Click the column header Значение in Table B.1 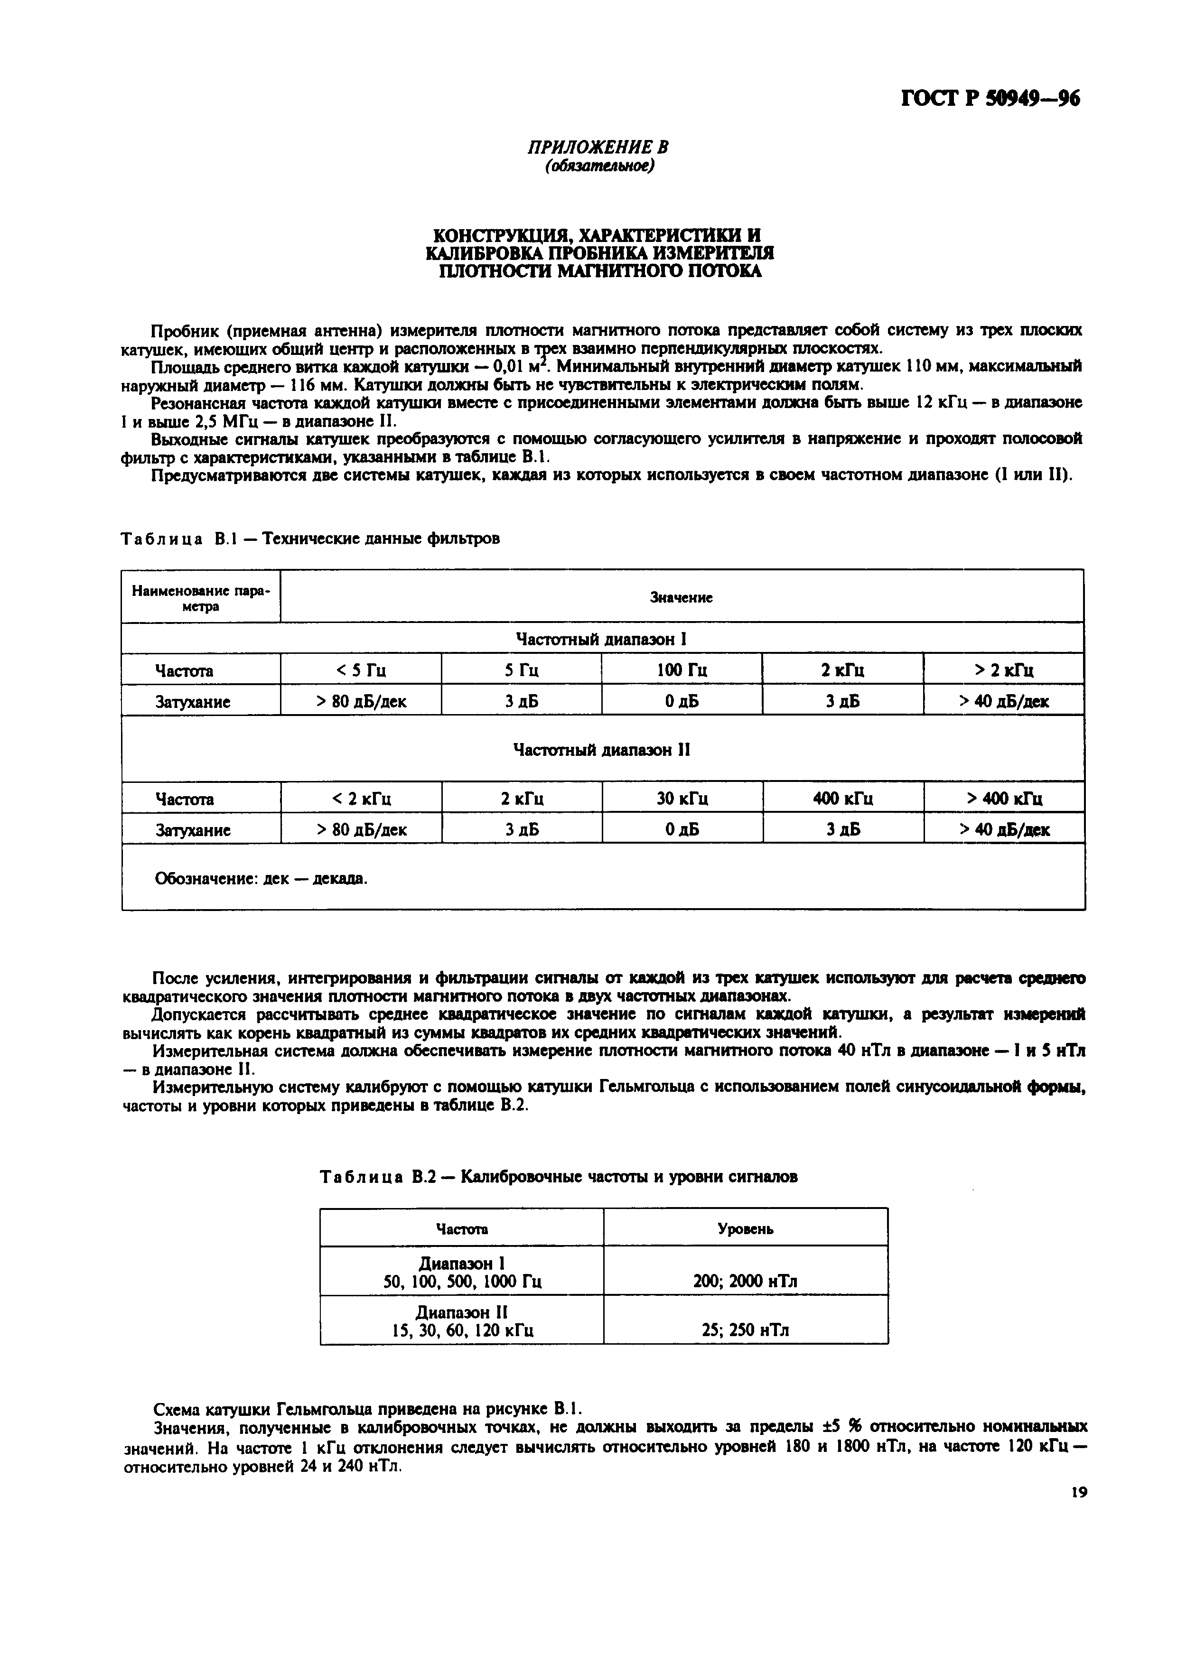coord(681,597)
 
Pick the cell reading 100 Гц coord(681,669)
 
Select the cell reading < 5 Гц coord(360,669)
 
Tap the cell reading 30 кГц coord(682,798)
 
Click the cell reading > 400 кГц coord(1004,798)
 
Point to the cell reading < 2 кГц coord(361,798)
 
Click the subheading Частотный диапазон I coord(601,639)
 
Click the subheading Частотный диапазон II coord(601,749)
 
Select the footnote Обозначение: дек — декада coord(261,878)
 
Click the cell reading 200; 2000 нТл coord(745,1281)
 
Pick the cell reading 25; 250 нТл coord(745,1330)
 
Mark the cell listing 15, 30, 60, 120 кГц coord(462,1330)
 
